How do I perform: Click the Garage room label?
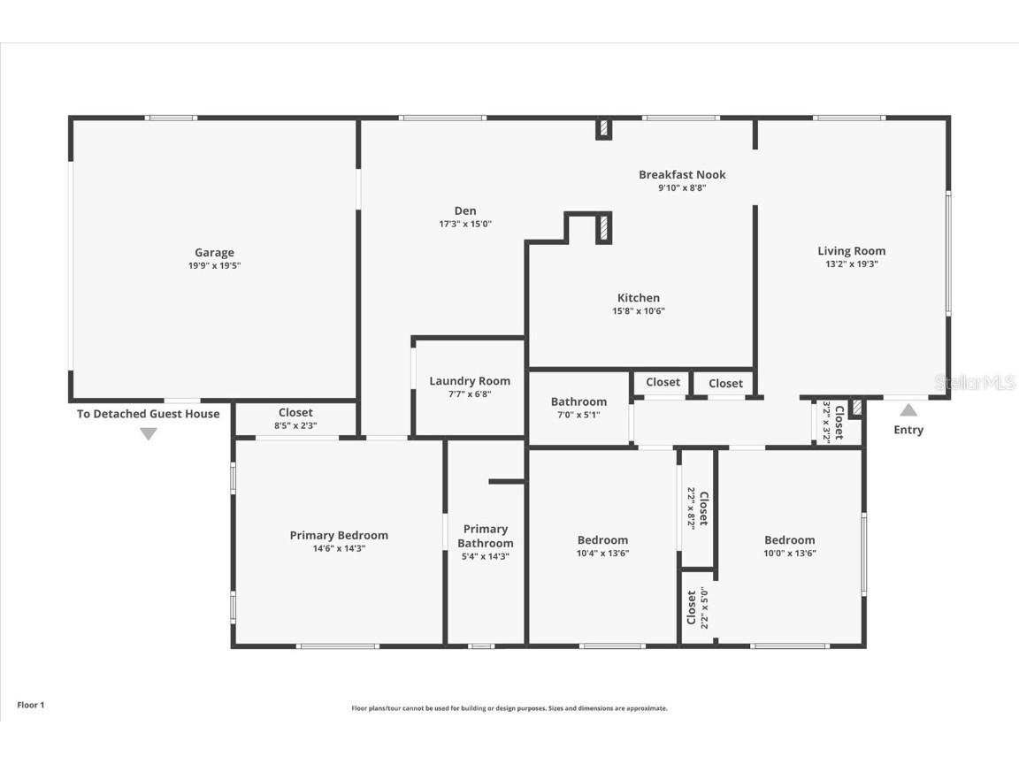[x=214, y=253]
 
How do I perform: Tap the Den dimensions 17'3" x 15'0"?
[x=465, y=224]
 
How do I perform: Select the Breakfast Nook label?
[x=682, y=174]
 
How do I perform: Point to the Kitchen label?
[x=639, y=298]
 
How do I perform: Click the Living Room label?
[x=851, y=251]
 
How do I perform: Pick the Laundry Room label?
[x=470, y=381]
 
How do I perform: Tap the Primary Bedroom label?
[x=339, y=535]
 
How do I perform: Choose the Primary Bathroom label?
[x=486, y=536]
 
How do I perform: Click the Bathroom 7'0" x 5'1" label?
[x=578, y=401]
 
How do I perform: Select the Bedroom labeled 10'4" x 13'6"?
[x=602, y=540]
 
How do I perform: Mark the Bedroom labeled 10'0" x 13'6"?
[x=789, y=540]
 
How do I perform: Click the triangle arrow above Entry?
[x=908, y=410]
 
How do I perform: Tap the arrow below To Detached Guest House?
[x=149, y=433]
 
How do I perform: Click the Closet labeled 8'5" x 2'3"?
[x=295, y=412]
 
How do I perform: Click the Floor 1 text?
[x=30, y=705]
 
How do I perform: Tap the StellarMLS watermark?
[x=975, y=382]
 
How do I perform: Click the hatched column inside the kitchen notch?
[x=604, y=227]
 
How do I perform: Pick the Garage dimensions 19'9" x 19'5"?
[x=214, y=265]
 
